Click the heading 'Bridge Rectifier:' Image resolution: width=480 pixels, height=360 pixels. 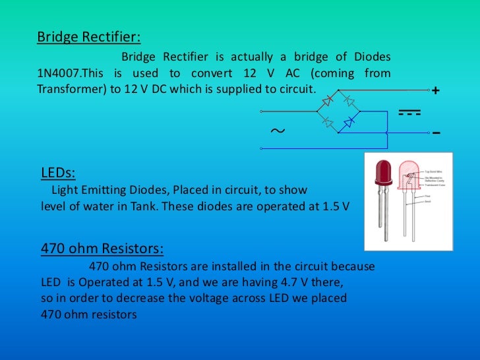click(x=88, y=36)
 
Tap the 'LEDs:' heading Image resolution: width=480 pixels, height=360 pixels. click(x=58, y=173)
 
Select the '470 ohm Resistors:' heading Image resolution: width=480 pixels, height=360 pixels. click(x=102, y=249)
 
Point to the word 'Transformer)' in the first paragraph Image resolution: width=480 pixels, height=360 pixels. click(x=69, y=89)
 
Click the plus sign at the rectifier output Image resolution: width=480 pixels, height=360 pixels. click(x=435, y=91)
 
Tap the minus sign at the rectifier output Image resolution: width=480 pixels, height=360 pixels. click(x=436, y=133)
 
